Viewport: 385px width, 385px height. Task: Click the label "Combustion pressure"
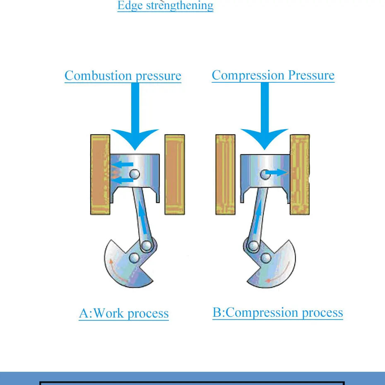[123, 76]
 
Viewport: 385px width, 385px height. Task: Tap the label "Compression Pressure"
[273, 75]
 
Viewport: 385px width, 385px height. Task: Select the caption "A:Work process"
[124, 313]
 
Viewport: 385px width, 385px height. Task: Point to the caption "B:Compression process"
[278, 312]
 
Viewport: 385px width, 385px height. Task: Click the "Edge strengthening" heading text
[165, 5]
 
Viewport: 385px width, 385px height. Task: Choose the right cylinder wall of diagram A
[175, 174]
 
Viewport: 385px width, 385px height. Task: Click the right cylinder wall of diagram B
[300, 174]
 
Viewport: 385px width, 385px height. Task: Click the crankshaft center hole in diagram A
[134, 259]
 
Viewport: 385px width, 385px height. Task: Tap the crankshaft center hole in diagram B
[266, 259]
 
